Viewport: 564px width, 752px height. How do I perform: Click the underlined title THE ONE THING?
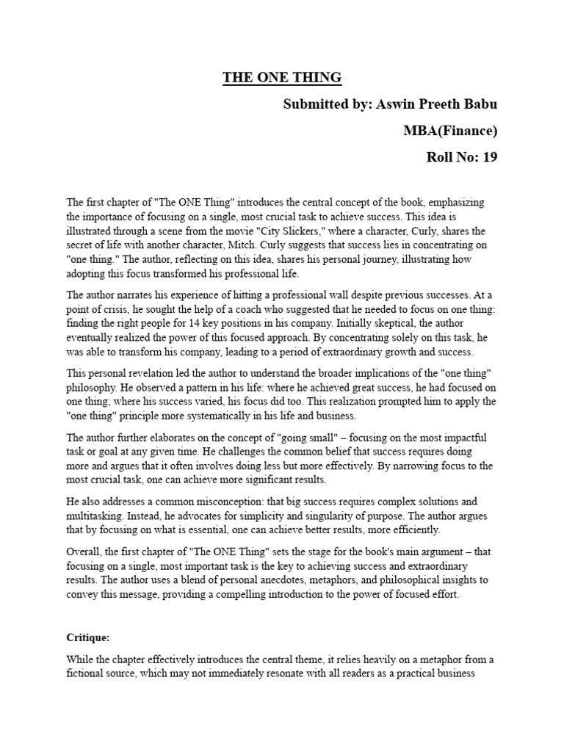tap(283, 78)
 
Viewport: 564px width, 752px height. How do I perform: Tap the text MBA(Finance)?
tap(450, 131)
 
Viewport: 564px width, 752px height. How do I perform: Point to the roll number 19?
tap(489, 157)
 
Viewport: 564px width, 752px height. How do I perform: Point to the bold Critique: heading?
tap(88, 639)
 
